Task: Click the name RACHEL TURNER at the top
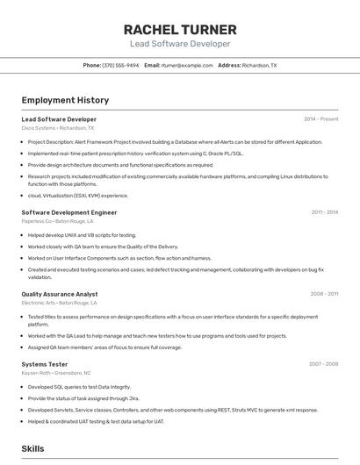pyautogui.click(x=180, y=28)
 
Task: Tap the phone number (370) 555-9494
pyautogui.click(x=120, y=65)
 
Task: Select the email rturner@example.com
pyautogui.click(x=187, y=65)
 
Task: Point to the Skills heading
pyautogui.click(x=33, y=448)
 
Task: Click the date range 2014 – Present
pyautogui.click(x=320, y=119)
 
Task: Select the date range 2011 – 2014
pyautogui.click(x=324, y=212)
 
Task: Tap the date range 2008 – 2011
pyautogui.click(x=324, y=294)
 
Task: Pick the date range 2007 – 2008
pyautogui.click(x=323, y=364)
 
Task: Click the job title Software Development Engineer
pyautogui.click(x=69, y=212)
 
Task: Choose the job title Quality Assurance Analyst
pyautogui.click(x=60, y=294)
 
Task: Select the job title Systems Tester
pyautogui.click(x=45, y=364)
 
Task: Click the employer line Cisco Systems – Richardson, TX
pyautogui.click(x=60, y=128)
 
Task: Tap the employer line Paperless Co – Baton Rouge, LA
pyautogui.click(x=59, y=222)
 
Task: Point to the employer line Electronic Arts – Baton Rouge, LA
pyautogui.click(x=59, y=303)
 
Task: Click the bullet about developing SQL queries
pyautogui.click(x=79, y=387)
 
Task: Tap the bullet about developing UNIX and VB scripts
pyautogui.click(x=82, y=235)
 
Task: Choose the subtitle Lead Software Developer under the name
pyautogui.click(x=180, y=44)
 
